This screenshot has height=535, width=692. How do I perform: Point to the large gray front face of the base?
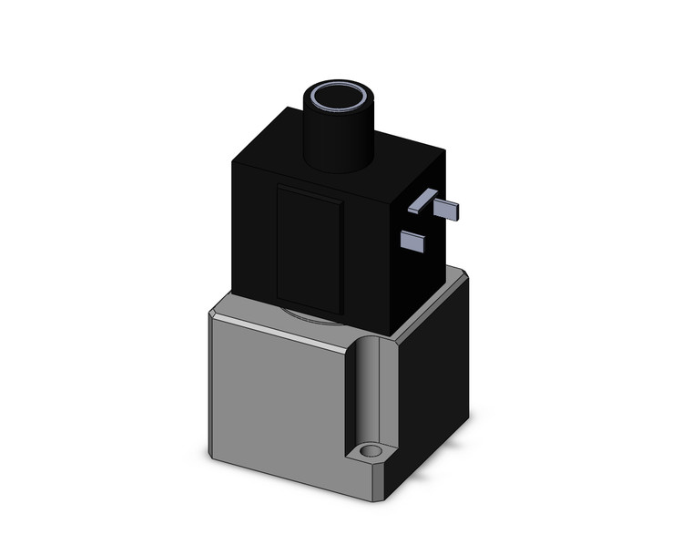pos(278,392)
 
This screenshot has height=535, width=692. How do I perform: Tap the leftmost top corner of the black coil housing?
pos(233,165)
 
